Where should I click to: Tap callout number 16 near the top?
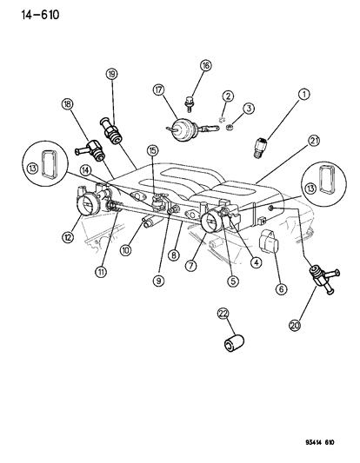205,65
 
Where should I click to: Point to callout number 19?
111,74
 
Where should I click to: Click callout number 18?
67,104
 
